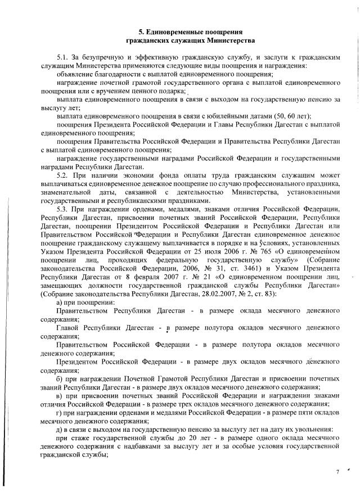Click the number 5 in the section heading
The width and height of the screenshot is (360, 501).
[x=141, y=32]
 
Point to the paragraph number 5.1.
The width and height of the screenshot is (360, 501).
[x=62, y=58]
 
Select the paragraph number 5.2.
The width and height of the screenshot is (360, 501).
[x=62, y=174]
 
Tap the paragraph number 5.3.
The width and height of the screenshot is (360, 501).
[x=62, y=209]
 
